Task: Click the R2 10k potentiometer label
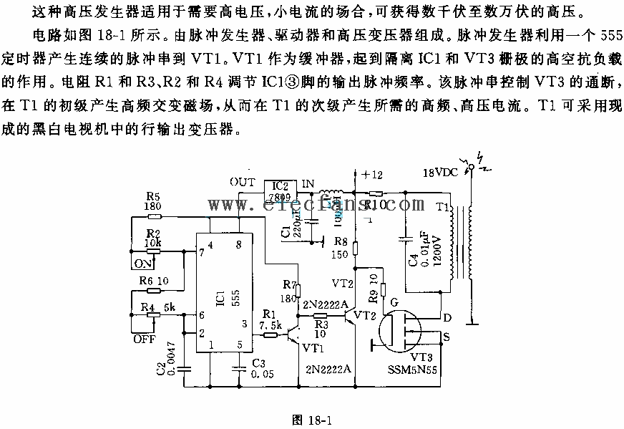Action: pos(152,239)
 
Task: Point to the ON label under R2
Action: pos(143,263)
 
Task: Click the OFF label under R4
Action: pos(144,339)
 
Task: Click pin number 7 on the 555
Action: pos(203,251)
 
